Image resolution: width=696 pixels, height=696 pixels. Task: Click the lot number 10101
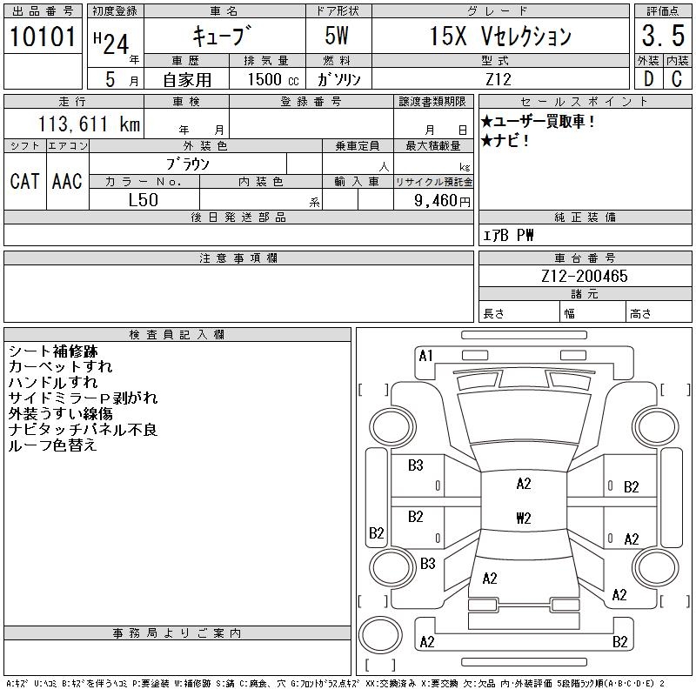click(43, 37)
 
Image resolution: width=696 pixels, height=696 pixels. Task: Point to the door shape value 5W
click(338, 37)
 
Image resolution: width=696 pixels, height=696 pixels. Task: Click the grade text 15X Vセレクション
click(501, 37)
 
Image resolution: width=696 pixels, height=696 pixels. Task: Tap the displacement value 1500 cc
click(273, 79)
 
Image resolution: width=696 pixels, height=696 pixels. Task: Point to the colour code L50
click(143, 199)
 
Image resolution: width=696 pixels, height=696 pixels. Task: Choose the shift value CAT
click(24, 181)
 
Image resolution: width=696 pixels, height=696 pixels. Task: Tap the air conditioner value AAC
click(67, 181)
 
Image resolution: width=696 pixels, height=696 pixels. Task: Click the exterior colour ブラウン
click(188, 163)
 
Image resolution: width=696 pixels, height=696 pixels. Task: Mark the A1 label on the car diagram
click(425, 355)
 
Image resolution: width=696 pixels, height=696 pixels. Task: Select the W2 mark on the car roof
click(523, 518)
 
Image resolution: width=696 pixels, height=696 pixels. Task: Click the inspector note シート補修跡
click(53, 351)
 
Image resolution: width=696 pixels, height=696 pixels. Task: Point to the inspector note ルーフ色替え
click(52, 445)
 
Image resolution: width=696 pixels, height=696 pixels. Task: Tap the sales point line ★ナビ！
click(505, 140)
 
